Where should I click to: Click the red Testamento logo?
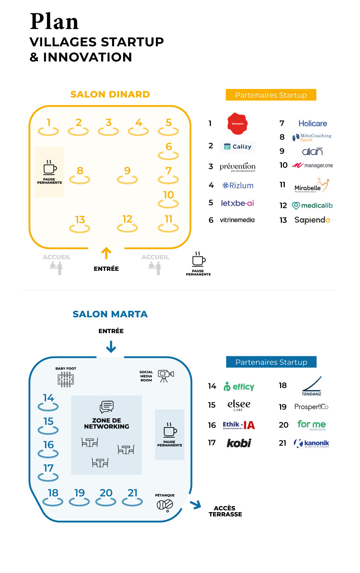click(237, 124)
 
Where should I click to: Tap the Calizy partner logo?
click(238, 147)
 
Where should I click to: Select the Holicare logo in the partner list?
click(312, 124)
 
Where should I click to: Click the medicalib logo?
click(312, 206)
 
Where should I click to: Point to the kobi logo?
click(239, 443)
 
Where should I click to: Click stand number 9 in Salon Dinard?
click(127, 175)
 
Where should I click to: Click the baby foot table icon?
click(66, 380)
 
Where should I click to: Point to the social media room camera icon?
click(166, 376)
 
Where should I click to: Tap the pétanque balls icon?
click(165, 505)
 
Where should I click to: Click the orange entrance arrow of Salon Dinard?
click(106, 253)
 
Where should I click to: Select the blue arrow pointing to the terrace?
click(196, 505)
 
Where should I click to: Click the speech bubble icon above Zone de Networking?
click(107, 407)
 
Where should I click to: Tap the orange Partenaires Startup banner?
click(271, 95)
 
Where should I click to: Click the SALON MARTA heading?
click(110, 314)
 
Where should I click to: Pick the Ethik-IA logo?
click(239, 425)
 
